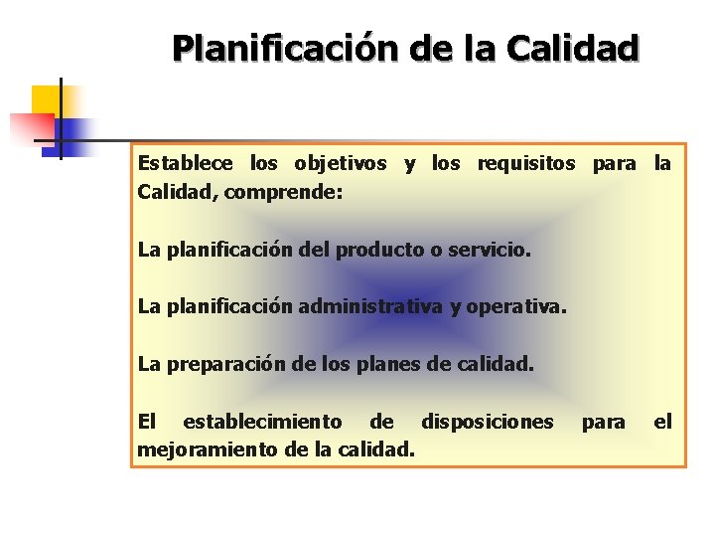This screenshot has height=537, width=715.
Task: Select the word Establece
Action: point(186,164)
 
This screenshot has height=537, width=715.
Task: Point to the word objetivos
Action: point(333,164)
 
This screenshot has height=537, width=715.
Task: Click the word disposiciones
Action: point(488,423)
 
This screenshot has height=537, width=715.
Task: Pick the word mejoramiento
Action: point(207,449)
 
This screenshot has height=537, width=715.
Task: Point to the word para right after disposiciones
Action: point(604,423)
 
